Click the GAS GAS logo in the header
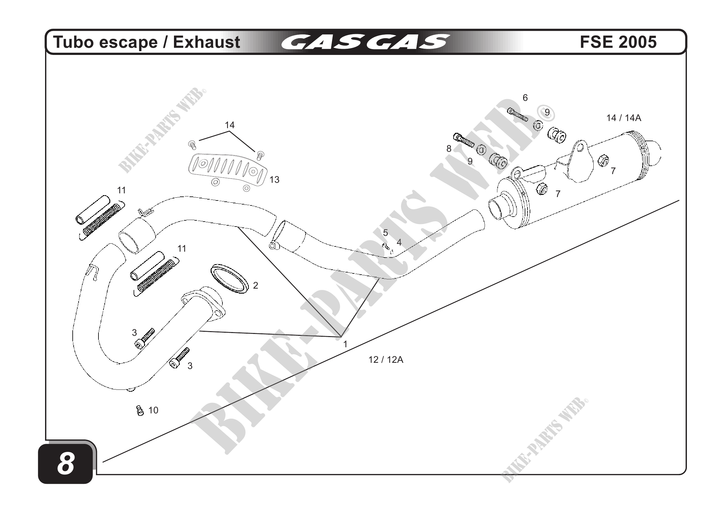coord(365,42)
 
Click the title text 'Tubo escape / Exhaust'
coord(147,42)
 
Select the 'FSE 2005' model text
coord(618,42)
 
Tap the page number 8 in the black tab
coord(66,463)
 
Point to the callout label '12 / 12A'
coord(386,360)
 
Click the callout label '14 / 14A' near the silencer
coord(623,118)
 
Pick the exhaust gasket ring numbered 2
coord(229,279)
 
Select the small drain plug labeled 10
coord(140,411)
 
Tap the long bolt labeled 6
coord(518,115)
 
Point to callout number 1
coord(345,344)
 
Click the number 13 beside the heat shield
coord(274,180)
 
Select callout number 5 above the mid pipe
coord(385,233)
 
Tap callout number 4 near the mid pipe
coord(399,242)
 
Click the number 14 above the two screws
coord(230,125)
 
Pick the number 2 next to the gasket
coord(255,286)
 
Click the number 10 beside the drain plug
coord(153,410)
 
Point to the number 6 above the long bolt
coord(525,98)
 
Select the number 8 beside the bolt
coord(449,148)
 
